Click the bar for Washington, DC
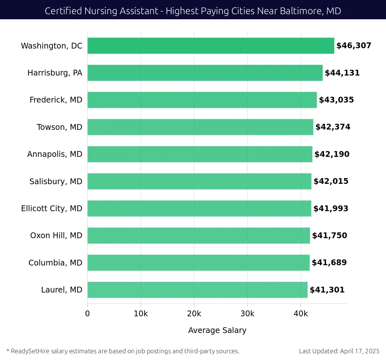click(211, 46)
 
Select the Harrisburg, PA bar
click(205, 73)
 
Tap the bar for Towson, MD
click(200, 127)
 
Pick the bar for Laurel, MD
click(197, 290)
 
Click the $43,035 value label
click(336, 100)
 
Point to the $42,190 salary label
click(332, 154)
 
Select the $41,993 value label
click(331, 209)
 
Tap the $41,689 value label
click(329, 263)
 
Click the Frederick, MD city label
click(56, 100)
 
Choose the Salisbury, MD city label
click(56, 182)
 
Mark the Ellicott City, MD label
click(52, 209)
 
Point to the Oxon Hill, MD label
click(56, 236)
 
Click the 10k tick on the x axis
click(141, 314)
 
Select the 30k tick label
click(247, 314)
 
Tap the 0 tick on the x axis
click(87, 314)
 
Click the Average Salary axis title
click(217, 330)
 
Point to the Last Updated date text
click(339, 351)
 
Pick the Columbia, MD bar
click(198, 263)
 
